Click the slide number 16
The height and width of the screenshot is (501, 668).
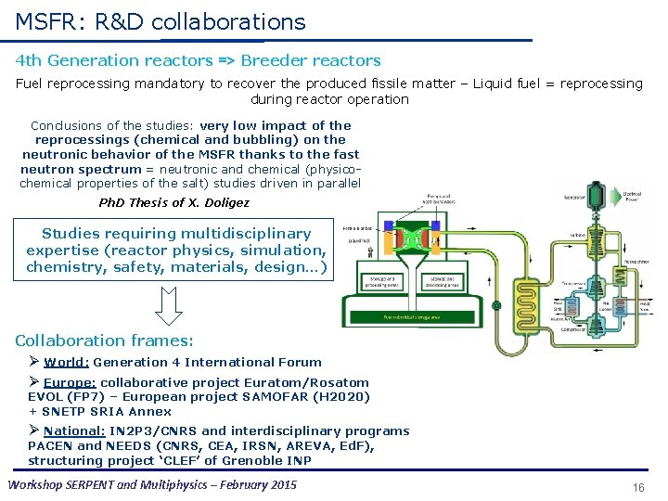[637, 488]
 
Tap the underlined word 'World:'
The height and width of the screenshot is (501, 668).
[66, 363]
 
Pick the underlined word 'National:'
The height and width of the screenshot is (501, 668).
[74, 430]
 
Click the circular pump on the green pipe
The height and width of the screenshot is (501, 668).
[496, 306]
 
